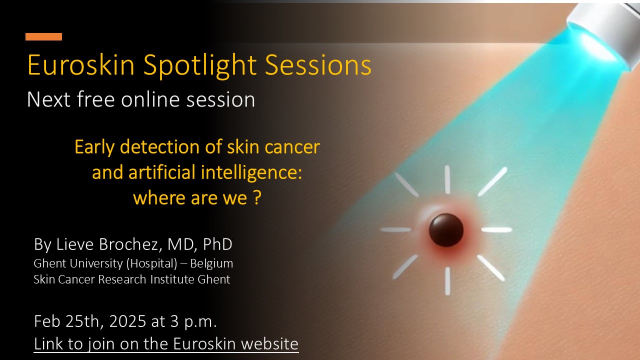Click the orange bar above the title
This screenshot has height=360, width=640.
coord(43,37)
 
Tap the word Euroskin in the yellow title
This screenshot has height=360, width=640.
coord(81,65)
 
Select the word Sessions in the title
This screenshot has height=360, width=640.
coord(318,65)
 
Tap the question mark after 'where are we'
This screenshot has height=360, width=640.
coord(257,197)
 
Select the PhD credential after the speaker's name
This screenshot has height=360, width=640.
coord(217,244)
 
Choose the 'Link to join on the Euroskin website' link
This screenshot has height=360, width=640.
coord(166,343)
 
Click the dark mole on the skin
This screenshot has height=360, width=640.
coord(446,230)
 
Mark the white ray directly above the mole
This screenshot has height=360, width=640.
coord(447,180)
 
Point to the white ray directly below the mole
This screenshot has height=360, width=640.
coord(447,281)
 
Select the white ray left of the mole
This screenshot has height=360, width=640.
coord(396,229)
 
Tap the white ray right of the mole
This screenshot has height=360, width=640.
coord(496,229)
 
